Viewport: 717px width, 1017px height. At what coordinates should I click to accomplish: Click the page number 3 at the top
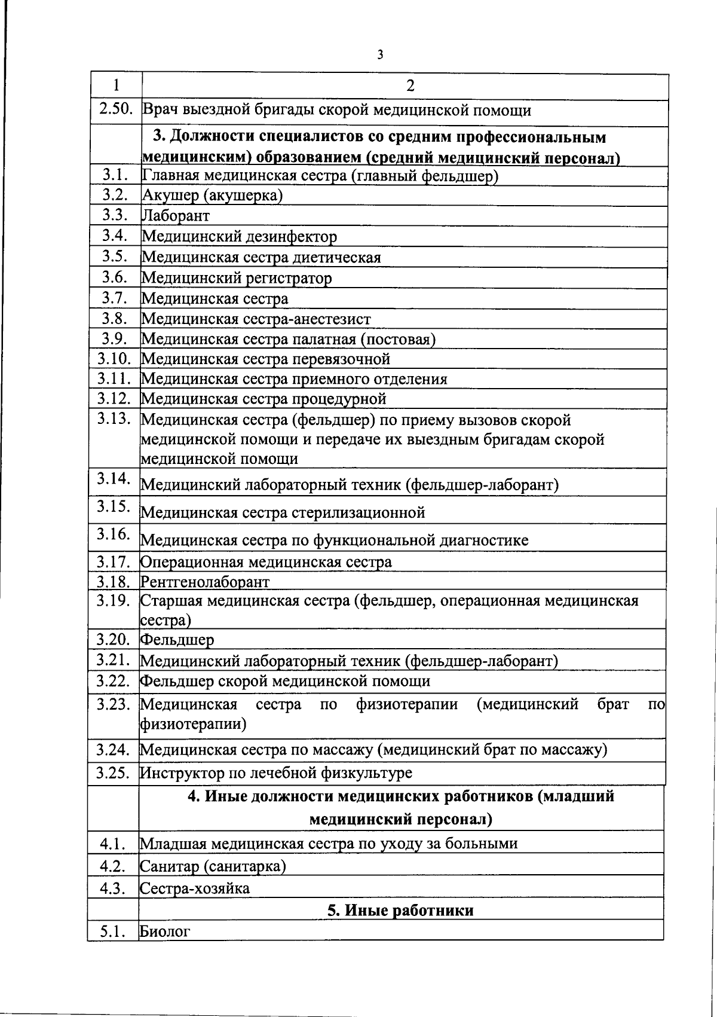tap(380, 55)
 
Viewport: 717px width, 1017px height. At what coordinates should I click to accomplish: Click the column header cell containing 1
tap(116, 85)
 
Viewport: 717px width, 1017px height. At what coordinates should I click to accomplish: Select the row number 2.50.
tap(116, 110)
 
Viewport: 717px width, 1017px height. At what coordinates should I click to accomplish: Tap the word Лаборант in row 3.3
tap(176, 216)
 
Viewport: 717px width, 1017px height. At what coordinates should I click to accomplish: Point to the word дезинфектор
tap(291, 237)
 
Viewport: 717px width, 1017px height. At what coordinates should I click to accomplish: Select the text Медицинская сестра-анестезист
tap(256, 319)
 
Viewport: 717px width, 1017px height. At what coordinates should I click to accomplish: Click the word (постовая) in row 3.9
tap(397, 339)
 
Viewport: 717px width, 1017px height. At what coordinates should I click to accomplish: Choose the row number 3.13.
tap(114, 419)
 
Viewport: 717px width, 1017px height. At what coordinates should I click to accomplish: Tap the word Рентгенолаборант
tap(205, 581)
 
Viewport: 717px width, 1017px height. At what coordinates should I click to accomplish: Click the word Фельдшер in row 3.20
tap(177, 640)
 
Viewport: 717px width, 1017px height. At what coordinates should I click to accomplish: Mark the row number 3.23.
tap(114, 704)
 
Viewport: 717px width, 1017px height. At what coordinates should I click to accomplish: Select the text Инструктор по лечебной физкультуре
tap(276, 772)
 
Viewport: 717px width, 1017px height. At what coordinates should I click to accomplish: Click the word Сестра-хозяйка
tap(195, 888)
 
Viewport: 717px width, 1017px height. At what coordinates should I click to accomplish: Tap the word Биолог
tap(165, 931)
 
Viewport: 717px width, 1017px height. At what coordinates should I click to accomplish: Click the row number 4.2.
tap(112, 866)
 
